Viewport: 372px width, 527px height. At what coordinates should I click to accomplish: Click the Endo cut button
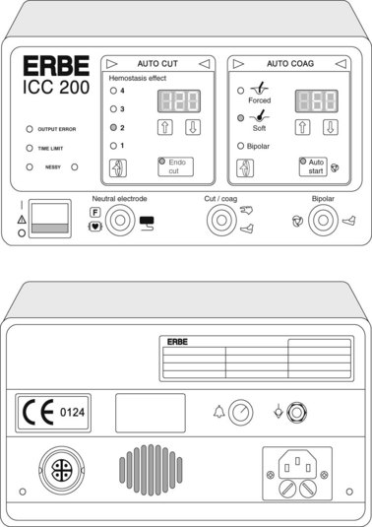[x=175, y=166]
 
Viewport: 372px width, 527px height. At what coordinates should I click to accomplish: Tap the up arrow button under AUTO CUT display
[x=165, y=127]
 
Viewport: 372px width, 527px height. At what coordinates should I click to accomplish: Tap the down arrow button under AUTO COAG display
[x=331, y=127]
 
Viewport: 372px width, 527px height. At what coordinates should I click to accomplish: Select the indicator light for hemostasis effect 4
[x=113, y=91]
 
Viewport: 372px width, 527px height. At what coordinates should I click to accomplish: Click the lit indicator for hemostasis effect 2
[x=113, y=127]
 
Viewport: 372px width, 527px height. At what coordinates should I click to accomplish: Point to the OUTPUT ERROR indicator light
[x=30, y=129]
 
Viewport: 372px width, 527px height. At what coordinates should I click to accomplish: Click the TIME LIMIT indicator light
[x=30, y=148]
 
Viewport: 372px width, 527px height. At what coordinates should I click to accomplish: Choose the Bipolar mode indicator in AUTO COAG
[x=240, y=146]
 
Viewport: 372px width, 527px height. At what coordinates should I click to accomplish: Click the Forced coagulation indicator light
[x=240, y=91]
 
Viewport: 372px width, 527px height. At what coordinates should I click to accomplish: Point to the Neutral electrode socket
[x=120, y=220]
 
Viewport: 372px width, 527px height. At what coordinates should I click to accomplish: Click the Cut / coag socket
[x=221, y=220]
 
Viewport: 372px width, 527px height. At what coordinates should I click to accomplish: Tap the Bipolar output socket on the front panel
[x=323, y=221]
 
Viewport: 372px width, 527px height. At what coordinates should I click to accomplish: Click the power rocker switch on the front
[x=50, y=219]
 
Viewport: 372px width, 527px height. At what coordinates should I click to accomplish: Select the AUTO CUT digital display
[x=179, y=100]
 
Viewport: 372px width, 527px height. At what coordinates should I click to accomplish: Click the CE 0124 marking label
[x=53, y=413]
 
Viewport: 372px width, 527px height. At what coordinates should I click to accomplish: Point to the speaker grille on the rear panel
[x=152, y=470]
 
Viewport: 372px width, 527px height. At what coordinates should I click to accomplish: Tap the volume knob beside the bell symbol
[x=241, y=412]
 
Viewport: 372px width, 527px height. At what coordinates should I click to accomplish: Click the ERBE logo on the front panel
[x=56, y=66]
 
